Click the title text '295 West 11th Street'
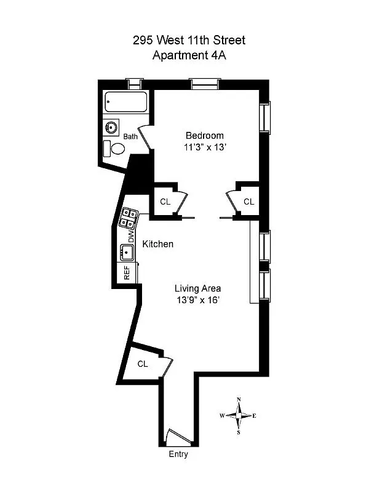pyautogui.click(x=189, y=41)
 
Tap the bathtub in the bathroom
pyautogui.click(x=125, y=102)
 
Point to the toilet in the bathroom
pyautogui.click(x=114, y=149)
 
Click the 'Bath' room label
pyautogui.click(x=130, y=136)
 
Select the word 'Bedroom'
pyautogui.click(x=205, y=136)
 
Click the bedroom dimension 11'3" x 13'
pyautogui.click(x=205, y=148)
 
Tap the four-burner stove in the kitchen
pyautogui.click(x=129, y=218)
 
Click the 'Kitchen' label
pyautogui.click(x=158, y=244)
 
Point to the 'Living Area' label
pyautogui.click(x=197, y=288)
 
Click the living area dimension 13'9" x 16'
pyautogui.click(x=197, y=300)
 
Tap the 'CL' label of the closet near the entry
pyautogui.click(x=143, y=364)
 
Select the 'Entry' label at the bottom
pyautogui.click(x=178, y=455)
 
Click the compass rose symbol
pyautogui.click(x=239, y=416)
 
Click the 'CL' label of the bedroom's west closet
pyautogui.click(x=165, y=202)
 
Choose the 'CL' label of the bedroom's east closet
pyautogui.click(x=248, y=202)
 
